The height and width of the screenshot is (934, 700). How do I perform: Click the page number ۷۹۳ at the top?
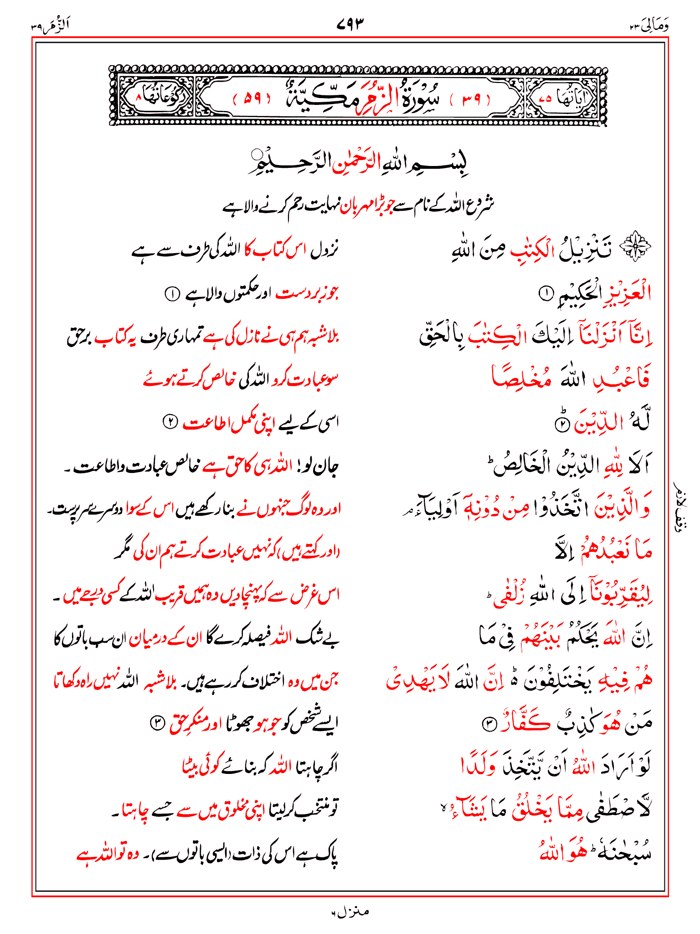[x=350, y=23]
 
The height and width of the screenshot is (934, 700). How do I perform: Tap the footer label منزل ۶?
[x=350, y=912]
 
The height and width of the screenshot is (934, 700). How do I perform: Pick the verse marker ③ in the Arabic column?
[x=489, y=725]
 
